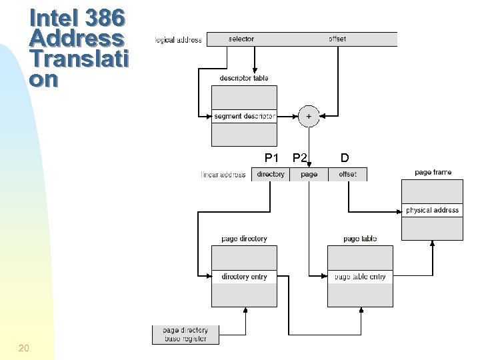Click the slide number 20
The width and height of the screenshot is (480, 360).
point(24,347)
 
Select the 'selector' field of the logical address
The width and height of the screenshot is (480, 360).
point(241,39)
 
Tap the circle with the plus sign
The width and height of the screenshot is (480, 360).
point(308,116)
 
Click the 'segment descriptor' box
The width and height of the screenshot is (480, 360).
point(244,116)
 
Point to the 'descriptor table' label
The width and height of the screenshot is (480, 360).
point(244,78)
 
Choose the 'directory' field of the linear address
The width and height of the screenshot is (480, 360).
point(271,175)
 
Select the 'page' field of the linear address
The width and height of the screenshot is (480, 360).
point(309,175)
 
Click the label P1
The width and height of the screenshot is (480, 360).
point(271,158)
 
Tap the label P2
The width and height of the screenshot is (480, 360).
point(300,158)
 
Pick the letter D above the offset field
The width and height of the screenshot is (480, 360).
point(344,158)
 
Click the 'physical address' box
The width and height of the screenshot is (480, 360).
point(432,211)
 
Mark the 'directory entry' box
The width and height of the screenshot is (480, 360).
point(244,277)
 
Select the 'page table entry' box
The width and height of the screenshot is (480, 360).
point(360,277)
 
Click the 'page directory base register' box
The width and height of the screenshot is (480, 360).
point(185,334)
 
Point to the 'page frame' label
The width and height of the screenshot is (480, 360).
point(433,173)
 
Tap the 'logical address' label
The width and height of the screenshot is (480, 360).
point(178,40)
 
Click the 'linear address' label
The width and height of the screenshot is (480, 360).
point(223,175)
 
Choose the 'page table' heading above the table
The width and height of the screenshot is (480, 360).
point(360,239)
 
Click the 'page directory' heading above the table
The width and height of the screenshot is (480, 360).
point(244,239)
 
